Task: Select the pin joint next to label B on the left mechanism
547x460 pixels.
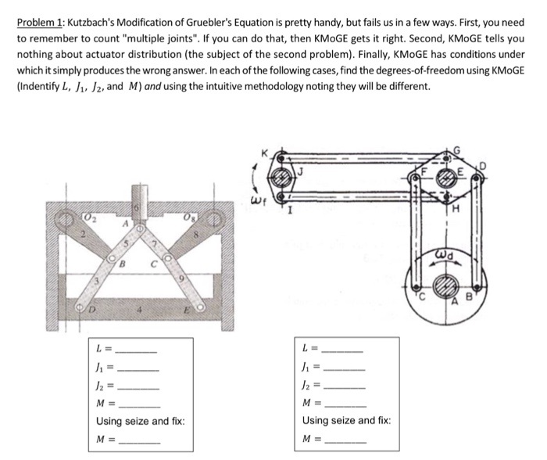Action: click(113, 255)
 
